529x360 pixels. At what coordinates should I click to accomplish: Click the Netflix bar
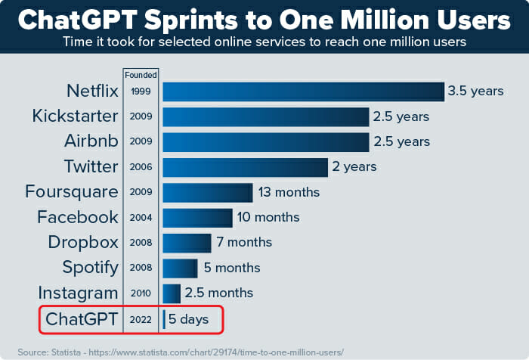pos(302,92)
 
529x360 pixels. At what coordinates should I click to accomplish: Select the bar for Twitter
pos(245,167)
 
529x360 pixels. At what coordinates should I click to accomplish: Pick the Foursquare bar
pos(207,192)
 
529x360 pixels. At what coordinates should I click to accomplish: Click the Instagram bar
pos(172,293)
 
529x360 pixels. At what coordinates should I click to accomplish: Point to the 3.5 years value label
pos(475,92)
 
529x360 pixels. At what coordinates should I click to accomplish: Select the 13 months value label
pos(289,192)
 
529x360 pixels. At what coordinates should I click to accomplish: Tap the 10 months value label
pos(268,217)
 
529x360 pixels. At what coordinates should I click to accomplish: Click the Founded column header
pos(141,75)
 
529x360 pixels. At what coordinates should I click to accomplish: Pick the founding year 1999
pos(141,92)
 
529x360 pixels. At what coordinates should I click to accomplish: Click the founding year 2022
pos(141,319)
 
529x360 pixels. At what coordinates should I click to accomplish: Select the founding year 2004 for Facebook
pos(141,218)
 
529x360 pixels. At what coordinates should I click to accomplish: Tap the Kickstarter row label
pos(76,116)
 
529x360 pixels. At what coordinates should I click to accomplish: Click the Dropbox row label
pos(83,243)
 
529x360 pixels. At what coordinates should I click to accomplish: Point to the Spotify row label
pos(91,268)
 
